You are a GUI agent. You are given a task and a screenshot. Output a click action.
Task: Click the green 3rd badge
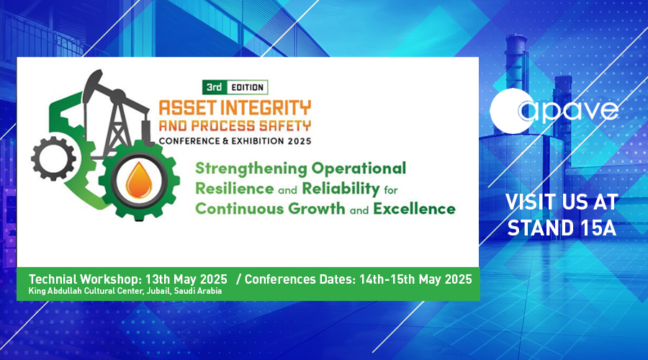click(x=215, y=87)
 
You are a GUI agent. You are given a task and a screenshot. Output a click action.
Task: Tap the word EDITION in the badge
click(x=247, y=87)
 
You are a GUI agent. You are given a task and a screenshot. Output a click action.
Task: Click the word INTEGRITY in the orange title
click(x=266, y=108)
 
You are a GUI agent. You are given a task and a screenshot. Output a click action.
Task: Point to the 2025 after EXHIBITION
click(x=300, y=141)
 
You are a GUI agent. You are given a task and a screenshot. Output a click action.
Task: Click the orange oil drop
click(x=139, y=180)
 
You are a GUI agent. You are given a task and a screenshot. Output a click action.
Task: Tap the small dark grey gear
click(x=53, y=158)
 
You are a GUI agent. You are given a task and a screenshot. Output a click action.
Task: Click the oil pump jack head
click(x=93, y=85)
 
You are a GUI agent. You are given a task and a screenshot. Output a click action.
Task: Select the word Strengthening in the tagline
click(x=251, y=169)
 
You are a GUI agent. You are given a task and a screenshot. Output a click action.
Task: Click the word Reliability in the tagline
click(x=341, y=189)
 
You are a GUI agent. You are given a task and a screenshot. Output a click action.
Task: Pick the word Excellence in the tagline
click(x=414, y=209)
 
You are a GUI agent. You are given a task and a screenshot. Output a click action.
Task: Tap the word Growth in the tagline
click(x=317, y=209)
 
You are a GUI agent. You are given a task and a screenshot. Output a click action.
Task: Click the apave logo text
click(x=568, y=110)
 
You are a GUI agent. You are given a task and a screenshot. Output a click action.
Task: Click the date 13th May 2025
click(x=186, y=279)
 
